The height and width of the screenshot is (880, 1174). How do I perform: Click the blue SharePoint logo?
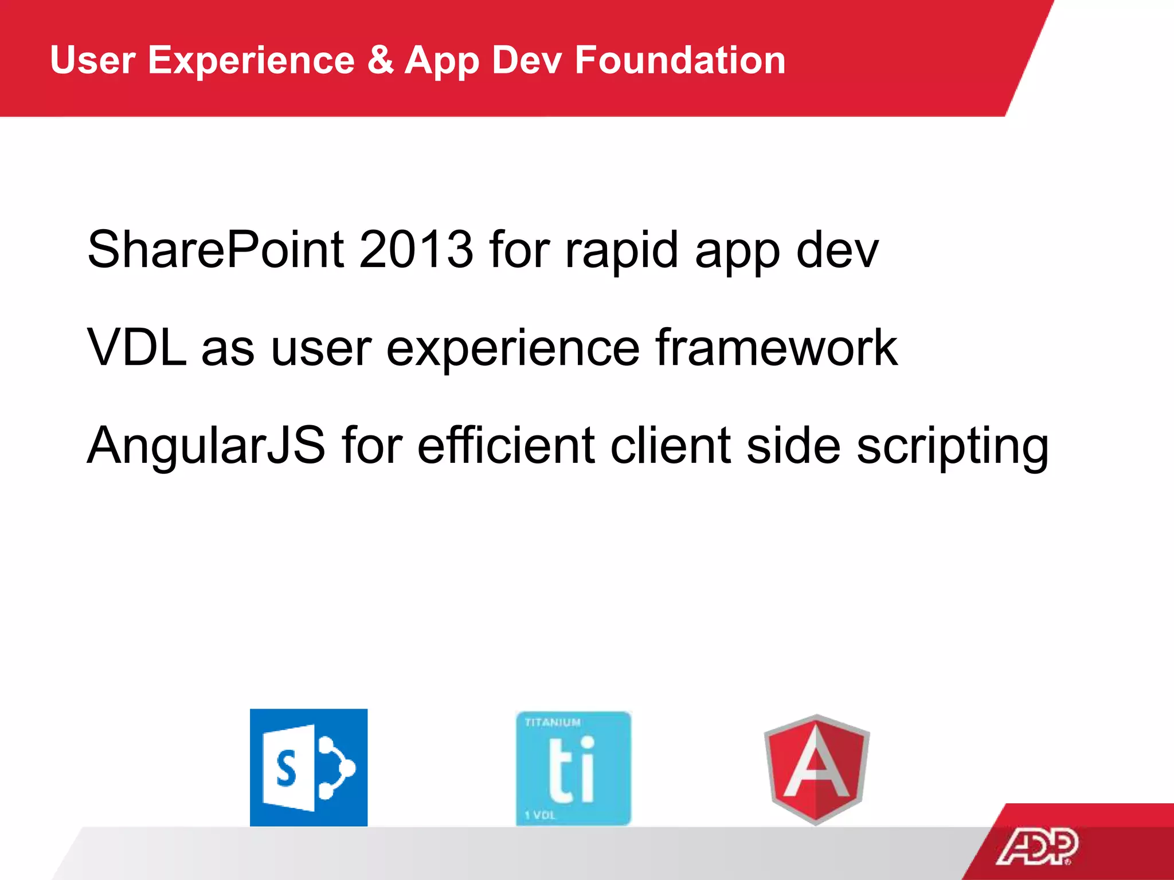click(308, 767)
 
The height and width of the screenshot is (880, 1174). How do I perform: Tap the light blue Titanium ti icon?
click(573, 768)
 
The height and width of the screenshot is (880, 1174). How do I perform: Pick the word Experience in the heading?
click(251, 61)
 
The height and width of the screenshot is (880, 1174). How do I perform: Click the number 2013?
click(416, 249)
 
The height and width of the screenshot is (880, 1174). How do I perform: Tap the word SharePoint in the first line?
click(216, 249)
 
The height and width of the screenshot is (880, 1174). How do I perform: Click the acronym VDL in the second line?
click(136, 347)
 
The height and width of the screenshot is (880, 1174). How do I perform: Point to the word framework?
click(776, 347)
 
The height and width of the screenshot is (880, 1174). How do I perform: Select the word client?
click(670, 445)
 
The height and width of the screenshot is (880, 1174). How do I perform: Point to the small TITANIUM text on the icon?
click(553, 722)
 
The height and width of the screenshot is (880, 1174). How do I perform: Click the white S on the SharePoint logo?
click(286, 769)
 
